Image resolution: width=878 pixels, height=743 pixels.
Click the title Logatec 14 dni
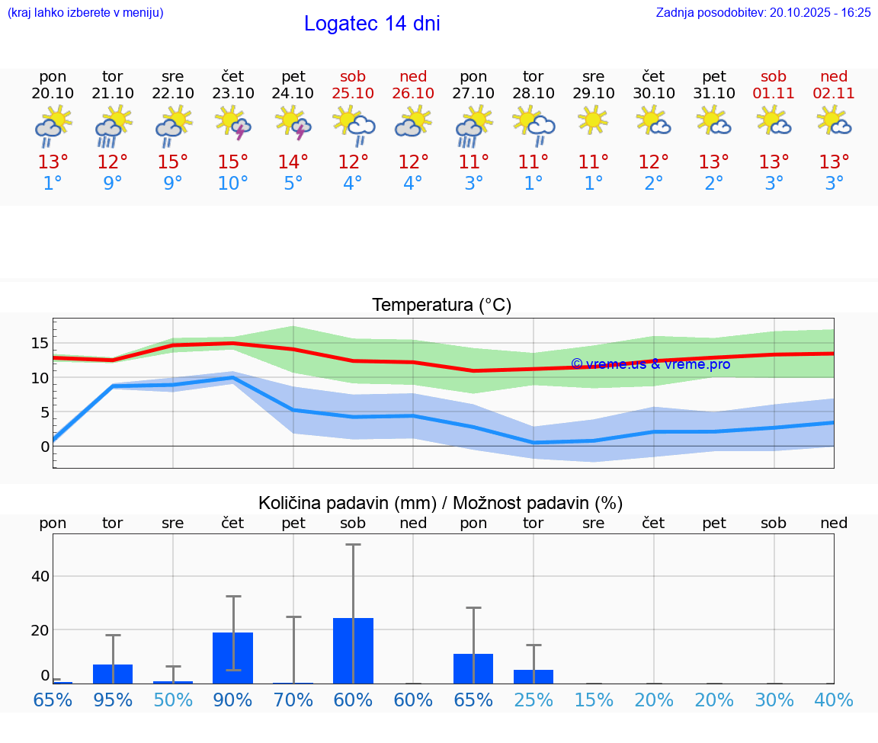coord(372,24)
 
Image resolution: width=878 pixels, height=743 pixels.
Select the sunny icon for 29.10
coord(593,120)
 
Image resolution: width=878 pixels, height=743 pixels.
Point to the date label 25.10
coord(353,94)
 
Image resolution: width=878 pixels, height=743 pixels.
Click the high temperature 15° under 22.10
coord(173,162)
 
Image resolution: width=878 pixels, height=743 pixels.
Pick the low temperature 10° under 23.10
coord(233,184)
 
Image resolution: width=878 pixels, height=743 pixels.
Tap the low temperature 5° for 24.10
coord(293,184)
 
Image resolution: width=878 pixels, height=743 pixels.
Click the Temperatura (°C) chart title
coord(441,306)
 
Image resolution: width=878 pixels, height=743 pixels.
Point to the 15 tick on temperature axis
coord(40,343)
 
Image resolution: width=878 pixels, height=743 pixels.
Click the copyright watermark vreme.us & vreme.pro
coord(650,364)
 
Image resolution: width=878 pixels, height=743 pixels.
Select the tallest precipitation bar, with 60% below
coord(353,651)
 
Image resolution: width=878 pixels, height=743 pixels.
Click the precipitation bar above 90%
coord(232,658)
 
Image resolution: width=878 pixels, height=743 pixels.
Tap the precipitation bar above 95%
coord(113,674)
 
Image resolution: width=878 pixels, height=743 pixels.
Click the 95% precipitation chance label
coord(113,700)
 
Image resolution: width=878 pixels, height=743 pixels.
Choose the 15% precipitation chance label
coord(593,700)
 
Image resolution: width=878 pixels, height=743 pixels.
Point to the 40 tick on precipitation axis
coord(40,576)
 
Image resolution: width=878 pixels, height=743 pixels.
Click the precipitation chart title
coord(441,503)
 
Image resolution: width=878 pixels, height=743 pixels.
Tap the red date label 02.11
coord(834,94)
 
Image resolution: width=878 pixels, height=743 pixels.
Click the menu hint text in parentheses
coord(85,13)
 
